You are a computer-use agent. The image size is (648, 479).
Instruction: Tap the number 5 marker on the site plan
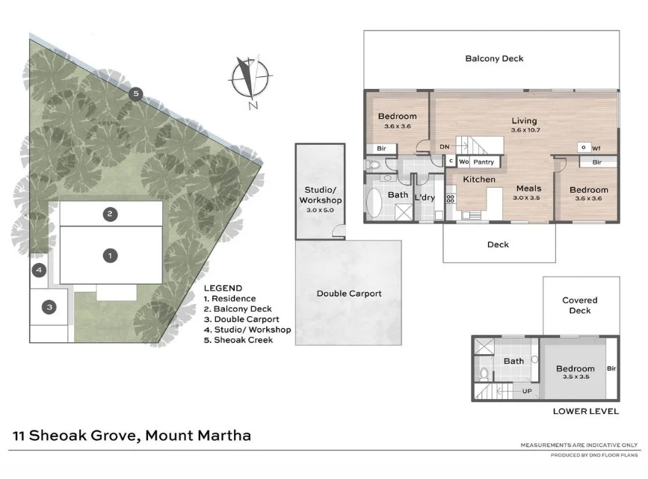pyautogui.click(x=135, y=93)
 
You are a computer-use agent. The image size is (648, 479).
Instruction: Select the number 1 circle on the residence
pyautogui.click(x=110, y=256)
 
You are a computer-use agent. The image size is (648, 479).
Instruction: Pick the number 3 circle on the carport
pyautogui.click(x=49, y=306)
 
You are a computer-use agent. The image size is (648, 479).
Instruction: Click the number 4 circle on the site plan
pyautogui.click(x=39, y=270)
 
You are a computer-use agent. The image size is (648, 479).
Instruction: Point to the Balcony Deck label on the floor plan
pyautogui.click(x=493, y=58)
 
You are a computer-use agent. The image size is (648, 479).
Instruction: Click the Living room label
pyautogui.click(x=524, y=121)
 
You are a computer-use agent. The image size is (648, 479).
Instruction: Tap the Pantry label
pyautogui.click(x=484, y=162)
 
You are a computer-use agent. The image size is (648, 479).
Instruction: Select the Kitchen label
pyautogui.click(x=479, y=179)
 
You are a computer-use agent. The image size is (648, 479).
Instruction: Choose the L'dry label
pyautogui.click(x=425, y=197)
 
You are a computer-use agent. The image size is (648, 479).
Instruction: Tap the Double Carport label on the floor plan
pyautogui.click(x=348, y=294)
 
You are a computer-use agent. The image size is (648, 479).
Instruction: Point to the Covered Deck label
pyautogui.click(x=580, y=306)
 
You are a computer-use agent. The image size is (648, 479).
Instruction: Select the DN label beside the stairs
pyautogui.click(x=444, y=147)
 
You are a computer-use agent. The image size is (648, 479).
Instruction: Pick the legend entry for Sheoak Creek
pyautogui.click(x=239, y=340)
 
